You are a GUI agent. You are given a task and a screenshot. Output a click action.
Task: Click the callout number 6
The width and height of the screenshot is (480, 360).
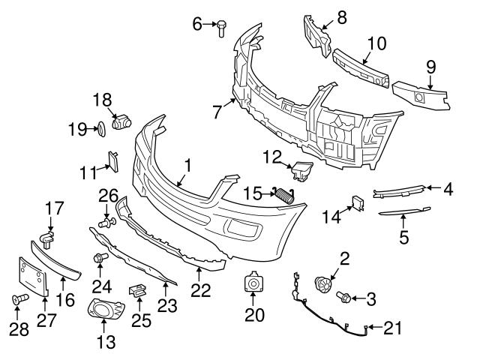[x=198, y=24]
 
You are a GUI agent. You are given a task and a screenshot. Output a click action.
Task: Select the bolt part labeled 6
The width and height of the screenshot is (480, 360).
[x=223, y=27]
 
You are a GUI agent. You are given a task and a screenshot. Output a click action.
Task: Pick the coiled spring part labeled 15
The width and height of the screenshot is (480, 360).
[x=282, y=194]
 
